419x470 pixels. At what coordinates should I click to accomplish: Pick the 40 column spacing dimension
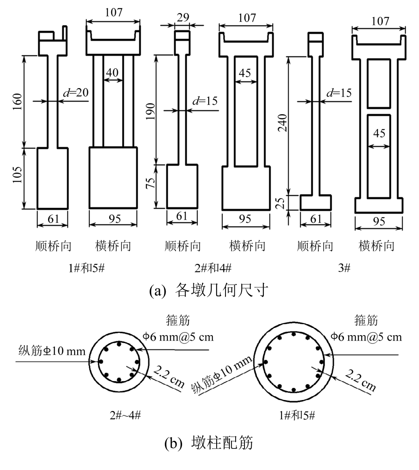coord(112,72)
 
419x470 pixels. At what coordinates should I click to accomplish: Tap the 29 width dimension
coord(183,18)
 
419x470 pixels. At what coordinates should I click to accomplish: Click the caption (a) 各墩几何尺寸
coord(209,291)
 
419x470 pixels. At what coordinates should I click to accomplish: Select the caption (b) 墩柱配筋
coord(209,443)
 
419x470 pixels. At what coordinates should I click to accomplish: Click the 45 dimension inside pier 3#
coord(379,133)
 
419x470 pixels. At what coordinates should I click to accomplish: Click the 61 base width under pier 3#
coord(315,220)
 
